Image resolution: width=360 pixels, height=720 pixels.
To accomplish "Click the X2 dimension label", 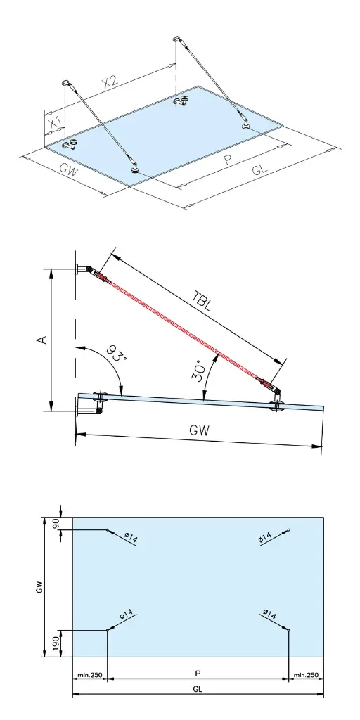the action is click(110, 82).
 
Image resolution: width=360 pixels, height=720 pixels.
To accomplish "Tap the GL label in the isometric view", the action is click(260, 169).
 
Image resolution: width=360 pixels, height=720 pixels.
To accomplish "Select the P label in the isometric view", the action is click(227, 160).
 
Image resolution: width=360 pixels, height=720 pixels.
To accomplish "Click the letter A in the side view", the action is click(41, 340).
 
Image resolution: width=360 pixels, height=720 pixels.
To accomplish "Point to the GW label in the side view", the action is click(199, 430).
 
